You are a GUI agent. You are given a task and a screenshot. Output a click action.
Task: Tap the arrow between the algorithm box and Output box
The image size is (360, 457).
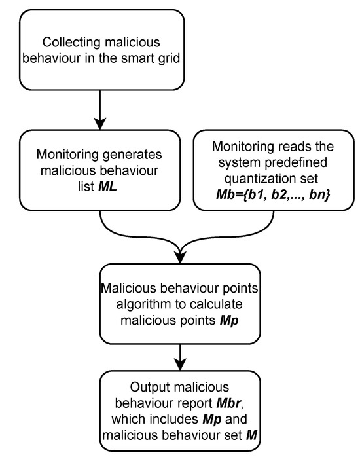tap(179, 357)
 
